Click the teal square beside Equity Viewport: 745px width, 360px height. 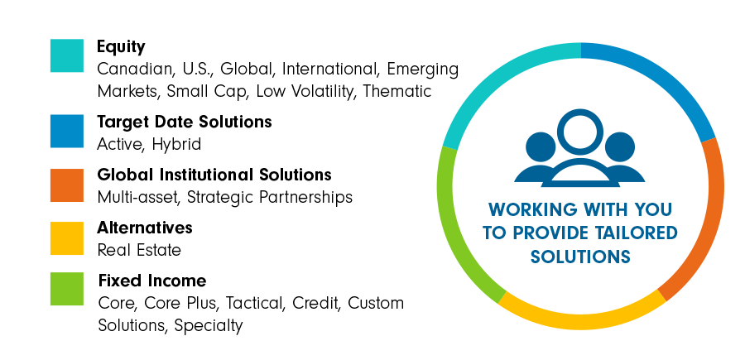pos(67,55)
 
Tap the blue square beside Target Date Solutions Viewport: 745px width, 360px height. pos(67,131)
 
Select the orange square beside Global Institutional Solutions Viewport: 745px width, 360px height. pos(67,185)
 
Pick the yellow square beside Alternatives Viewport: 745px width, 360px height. pos(67,238)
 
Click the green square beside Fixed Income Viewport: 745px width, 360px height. pos(67,289)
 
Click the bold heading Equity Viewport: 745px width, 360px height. pos(121,47)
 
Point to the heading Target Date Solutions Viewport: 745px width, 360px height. pos(185,122)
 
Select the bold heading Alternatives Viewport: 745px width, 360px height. pos(144,228)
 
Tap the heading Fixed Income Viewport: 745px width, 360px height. pos(152,281)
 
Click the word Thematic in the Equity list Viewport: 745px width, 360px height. pos(397,91)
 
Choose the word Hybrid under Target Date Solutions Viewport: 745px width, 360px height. pos(177,145)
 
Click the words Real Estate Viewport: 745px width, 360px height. pos(139,250)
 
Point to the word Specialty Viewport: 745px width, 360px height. pos(209,326)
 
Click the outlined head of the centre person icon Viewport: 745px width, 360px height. pos(580,132)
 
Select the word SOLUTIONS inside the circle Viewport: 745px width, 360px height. pos(580,257)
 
